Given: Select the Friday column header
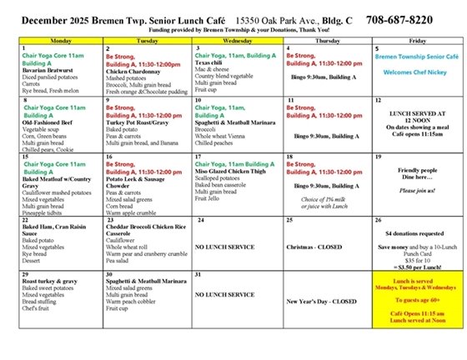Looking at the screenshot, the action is (x=417, y=39).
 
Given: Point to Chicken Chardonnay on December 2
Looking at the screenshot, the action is (x=136, y=71).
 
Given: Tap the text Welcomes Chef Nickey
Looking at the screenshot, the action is (x=416, y=72).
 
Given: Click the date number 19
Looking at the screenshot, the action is (x=379, y=156).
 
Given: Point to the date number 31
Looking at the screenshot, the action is (x=198, y=274).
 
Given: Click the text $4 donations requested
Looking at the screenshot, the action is (x=417, y=234).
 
